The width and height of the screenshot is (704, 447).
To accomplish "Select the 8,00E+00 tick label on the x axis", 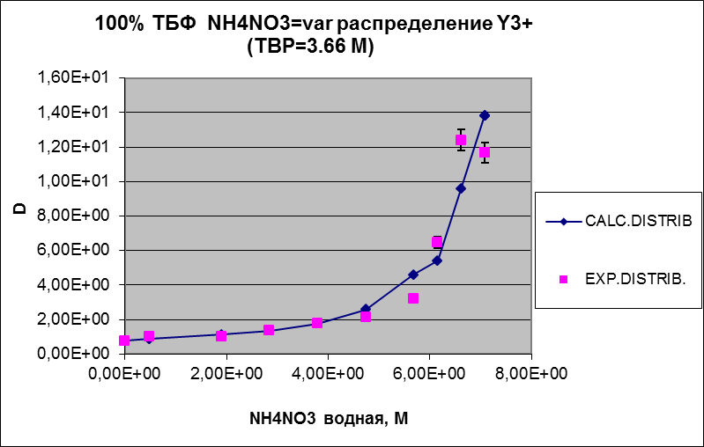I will pyautogui.click(x=531, y=374).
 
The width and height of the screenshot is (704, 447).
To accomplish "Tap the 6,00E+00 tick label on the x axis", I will pyautogui.click(x=429, y=374).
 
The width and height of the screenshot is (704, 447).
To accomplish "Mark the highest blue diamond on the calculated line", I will pyautogui.click(x=485, y=115).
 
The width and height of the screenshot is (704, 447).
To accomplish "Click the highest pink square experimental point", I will pyautogui.click(x=461, y=140).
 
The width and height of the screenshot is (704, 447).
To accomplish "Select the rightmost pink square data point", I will pyautogui.click(x=485, y=153).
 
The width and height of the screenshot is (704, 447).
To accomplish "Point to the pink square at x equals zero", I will pyautogui.click(x=125, y=341).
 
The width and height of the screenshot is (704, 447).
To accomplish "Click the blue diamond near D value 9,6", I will pyautogui.click(x=461, y=188).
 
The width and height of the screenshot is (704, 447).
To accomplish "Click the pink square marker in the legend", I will pyautogui.click(x=564, y=279).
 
